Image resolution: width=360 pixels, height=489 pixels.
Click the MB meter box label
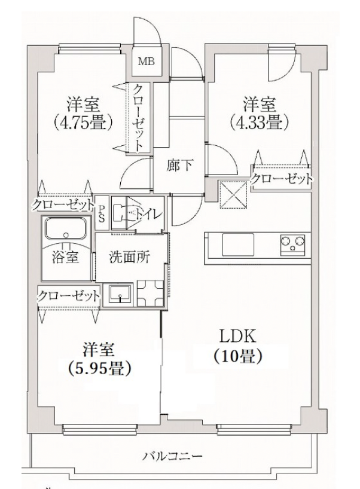tap(146, 61)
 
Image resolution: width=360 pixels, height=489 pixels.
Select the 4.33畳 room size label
tap(260, 124)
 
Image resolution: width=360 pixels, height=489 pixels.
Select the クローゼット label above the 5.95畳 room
tap(68, 295)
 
